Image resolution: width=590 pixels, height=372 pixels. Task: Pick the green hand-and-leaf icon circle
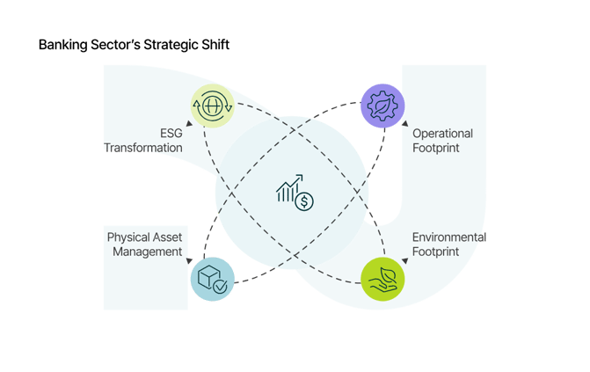(x=383, y=278)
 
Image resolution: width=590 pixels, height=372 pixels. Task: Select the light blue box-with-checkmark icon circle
(x=212, y=281)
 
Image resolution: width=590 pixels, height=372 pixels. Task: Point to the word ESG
(x=171, y=133)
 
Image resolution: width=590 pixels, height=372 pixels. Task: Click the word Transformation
(x=144, y=148)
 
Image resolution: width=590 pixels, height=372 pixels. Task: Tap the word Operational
(x=443, y=134)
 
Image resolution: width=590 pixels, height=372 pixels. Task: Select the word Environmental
(x=449, y=237)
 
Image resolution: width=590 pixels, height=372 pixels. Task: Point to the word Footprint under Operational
(x=436, y=148)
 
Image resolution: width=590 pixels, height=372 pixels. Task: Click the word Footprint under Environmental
(x=436, y=252)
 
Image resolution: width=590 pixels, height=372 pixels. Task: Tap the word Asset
(x=169, y=237)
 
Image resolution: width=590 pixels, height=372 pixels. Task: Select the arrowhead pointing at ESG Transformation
(x=189, y=125)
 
